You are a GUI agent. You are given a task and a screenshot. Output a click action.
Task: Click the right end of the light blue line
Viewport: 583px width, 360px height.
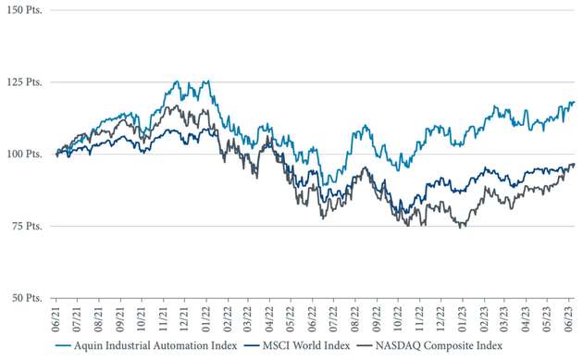coord(574,102)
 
